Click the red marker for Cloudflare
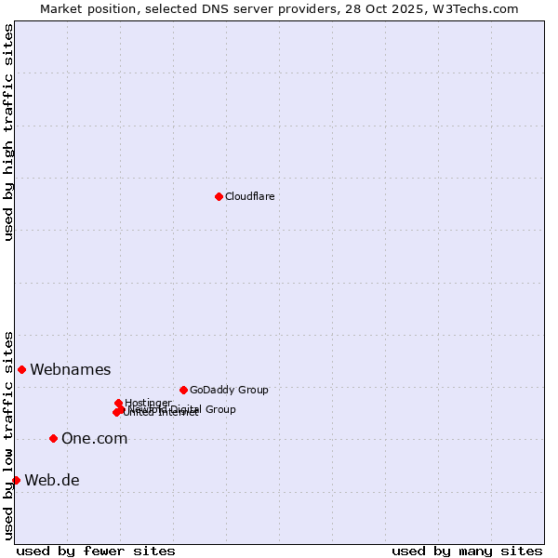[219, 196]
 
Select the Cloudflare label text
[249, 196]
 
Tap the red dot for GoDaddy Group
[183, 390]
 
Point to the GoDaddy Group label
[229, 390]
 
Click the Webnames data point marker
[21, 369]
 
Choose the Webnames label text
[70, 370]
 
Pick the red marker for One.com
[53, 438]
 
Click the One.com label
[94, 439]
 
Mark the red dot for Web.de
[16, 480]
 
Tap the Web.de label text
[52, 481]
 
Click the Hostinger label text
[148, 403]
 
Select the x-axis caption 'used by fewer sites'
[96, 551]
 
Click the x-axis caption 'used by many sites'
[467, 551]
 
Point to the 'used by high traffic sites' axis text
[8, 132]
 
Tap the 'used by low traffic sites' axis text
[8, 434]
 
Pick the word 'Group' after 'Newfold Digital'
[219, 409]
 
